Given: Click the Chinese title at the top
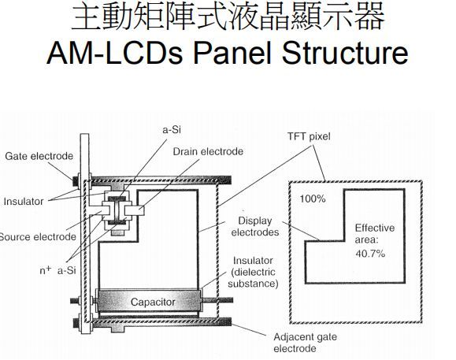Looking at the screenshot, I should click(x=228, y=17).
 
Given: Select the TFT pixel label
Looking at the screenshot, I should click(x=310, y=136).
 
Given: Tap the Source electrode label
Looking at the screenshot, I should click(x=37, y=236).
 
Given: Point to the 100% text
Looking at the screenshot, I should click(x=313, y=199).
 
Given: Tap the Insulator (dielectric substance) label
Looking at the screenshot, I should click(x=254, y=271).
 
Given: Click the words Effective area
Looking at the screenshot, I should click(x=374, y=233).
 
